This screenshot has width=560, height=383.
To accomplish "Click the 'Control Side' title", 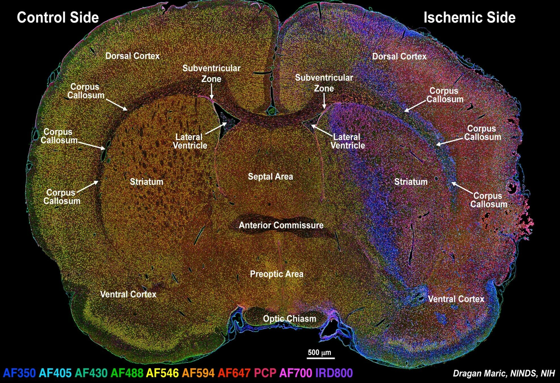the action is tap(58, 18).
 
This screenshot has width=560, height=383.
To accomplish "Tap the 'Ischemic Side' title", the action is tap(469, 18).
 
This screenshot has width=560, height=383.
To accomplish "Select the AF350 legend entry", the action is tap(19, 373).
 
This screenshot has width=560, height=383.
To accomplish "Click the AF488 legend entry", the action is tap(127, 373).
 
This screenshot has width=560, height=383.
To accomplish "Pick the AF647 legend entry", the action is tap(234, 373).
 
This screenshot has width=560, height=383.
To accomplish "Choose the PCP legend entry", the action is tap(265, 373).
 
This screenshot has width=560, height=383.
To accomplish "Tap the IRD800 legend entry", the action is tap(334, 373).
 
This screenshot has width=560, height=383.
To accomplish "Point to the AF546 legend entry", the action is tap(163, 373).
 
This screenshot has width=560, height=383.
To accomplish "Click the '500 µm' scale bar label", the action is tap(320, 353).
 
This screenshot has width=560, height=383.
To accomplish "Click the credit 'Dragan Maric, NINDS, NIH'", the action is tap(504, 373).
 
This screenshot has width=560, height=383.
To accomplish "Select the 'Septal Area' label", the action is tap(270, 177).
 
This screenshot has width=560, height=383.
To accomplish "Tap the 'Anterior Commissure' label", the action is tap(281, 225).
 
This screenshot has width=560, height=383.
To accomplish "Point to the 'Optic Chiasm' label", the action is tap(290, 319).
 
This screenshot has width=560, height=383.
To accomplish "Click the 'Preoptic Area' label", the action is tap(277, 274).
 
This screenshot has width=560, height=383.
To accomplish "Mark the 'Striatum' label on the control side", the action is tap(146, 182).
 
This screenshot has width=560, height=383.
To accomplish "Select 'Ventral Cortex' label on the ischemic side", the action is tap(456, 299).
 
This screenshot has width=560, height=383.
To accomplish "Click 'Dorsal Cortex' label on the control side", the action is tap(133, 56).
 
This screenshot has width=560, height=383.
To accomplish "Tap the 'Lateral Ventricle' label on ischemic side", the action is tap(348, 141).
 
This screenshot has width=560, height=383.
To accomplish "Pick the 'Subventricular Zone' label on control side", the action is tap(211, 73).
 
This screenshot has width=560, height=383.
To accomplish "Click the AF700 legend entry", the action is tap(296, 373).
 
